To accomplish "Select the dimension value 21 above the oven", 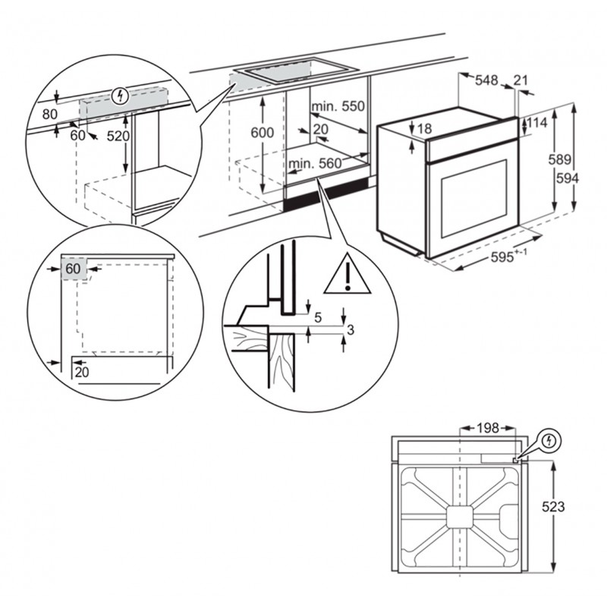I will (x=521, y=79).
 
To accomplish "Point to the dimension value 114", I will (x=537, y=123).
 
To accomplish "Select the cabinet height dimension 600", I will (x=262, y=132).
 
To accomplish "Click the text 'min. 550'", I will (x=337, y=107).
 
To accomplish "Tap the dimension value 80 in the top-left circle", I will (x=50, y=115).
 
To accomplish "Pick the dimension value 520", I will (x=118, y=137).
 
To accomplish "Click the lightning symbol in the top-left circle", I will (x=118, y=96).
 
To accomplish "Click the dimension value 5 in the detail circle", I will (x=319, y=315).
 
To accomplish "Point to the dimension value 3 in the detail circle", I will (x=351, y=329).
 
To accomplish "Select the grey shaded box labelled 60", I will (x=74, y=269).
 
